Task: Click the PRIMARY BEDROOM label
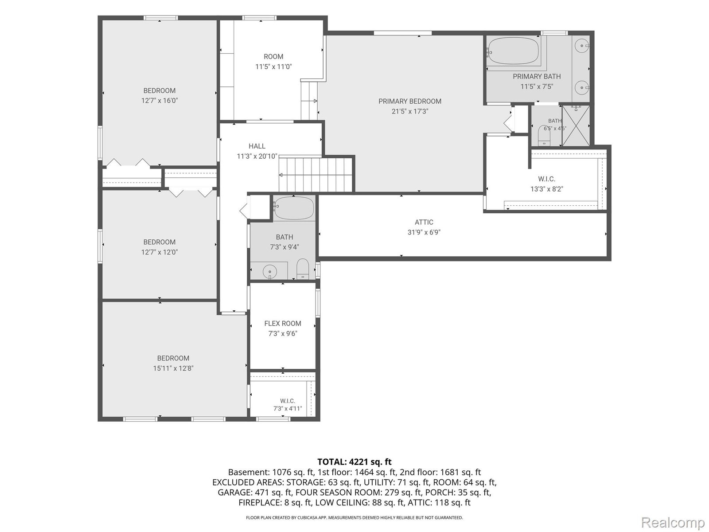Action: [x=409, y=102]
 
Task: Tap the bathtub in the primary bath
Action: [x=513, y=51]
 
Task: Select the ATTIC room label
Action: [x=424, y=222]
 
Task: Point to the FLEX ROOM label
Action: [x=283, y=323]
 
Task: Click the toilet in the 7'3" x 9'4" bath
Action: [x=303, y=268]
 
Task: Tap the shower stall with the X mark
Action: [x=576, y=125]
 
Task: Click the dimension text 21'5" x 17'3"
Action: [x=409, y=111]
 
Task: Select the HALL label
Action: [x=257, y=146]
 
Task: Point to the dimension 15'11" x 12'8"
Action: [x=173, y=368]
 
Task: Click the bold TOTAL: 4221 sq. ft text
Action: [x=354, y=462]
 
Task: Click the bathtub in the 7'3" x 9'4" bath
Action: [x=294, y=208]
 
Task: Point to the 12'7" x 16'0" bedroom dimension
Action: [x=160, y=101]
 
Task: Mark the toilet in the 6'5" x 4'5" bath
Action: [x=544, y=136]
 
